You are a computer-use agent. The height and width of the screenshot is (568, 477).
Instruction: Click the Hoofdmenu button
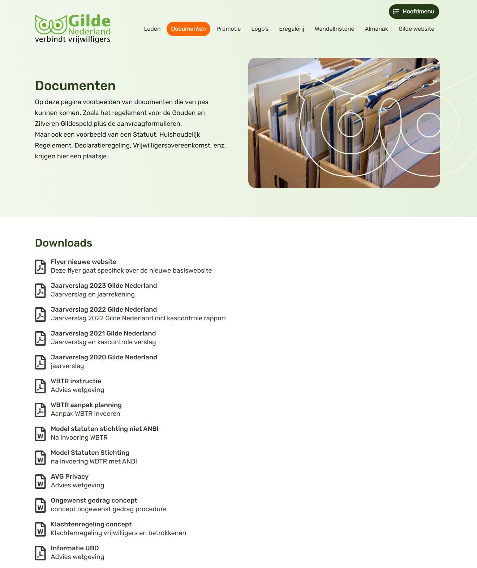[414, 12]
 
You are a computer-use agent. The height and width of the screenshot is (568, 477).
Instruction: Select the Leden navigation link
[152, 29]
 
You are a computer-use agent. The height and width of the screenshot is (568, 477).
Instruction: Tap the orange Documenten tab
[188, 29]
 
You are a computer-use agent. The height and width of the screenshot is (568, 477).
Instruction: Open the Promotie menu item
[228, 29]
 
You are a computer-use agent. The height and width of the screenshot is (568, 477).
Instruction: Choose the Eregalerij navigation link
[292, 29]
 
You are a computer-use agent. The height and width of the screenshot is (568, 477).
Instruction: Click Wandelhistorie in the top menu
[334, 29]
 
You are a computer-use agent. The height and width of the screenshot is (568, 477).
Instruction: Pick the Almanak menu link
[376, 29]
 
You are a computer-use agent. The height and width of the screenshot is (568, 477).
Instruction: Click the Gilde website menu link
[416, 29]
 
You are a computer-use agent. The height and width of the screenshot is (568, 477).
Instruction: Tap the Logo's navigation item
[260, 29]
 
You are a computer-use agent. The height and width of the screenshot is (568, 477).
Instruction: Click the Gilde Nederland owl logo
[73, 29]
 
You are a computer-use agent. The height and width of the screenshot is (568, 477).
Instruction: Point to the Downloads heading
[64, 243]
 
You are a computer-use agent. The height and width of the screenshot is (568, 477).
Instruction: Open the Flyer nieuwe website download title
[83, 262]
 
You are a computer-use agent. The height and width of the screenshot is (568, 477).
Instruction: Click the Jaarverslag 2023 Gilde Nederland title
[104, 286]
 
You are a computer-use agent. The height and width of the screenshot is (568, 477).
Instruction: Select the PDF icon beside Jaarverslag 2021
[40, 338]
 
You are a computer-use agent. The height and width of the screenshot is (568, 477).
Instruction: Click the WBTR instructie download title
[76, 381]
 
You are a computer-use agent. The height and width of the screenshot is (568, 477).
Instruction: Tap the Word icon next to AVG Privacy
[40, 481]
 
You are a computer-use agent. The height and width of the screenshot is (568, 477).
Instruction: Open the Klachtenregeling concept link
[91, 524]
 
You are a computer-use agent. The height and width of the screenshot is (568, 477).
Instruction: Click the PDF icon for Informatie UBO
[40, 553]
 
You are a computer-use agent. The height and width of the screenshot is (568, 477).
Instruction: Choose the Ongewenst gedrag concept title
[94, 500]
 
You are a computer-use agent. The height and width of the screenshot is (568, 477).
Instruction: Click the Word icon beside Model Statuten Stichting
[40, 457]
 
